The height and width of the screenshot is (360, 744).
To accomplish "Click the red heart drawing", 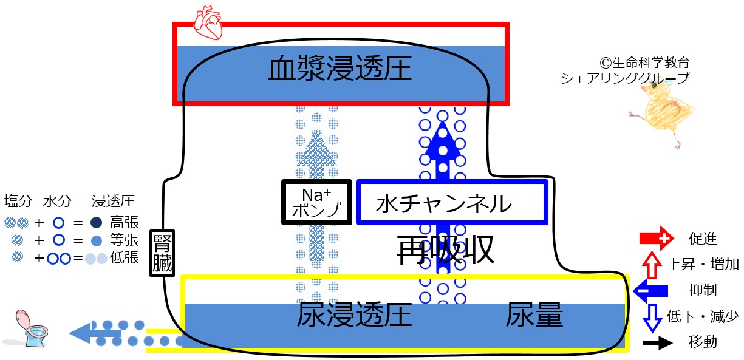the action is coord(208,22).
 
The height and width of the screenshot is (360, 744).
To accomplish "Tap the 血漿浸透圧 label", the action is coord(340,68).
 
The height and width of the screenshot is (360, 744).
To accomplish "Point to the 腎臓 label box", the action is coord(162,253).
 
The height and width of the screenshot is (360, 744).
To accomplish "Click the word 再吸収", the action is coord(445,250).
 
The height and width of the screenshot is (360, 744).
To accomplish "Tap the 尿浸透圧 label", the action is coord(355,314).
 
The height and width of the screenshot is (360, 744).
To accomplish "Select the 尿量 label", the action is coord(534,314).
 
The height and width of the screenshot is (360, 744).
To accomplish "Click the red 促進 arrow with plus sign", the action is coord(657,238).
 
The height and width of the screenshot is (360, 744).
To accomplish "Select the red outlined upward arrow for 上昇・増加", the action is coord(652,265).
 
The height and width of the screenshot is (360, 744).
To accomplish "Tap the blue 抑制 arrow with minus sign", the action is coord(650,291).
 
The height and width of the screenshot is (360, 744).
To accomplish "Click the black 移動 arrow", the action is coord(658,343).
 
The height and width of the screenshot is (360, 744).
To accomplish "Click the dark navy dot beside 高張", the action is coord(97,223).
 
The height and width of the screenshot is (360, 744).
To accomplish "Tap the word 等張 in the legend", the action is coord(125,240).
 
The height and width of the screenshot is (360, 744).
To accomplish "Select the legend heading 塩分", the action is coord(18,202).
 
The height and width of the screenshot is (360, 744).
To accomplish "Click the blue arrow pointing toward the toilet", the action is coord(95,333).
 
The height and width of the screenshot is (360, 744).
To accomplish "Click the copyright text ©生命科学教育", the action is coord(644,62).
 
